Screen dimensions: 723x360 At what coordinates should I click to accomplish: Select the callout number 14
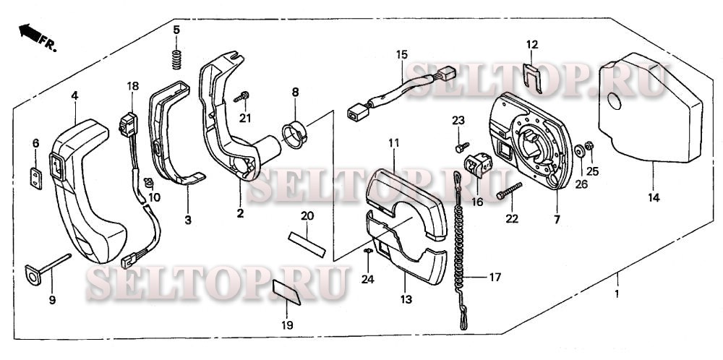pos(653,198)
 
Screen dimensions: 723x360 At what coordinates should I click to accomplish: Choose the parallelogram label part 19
pos(288,294)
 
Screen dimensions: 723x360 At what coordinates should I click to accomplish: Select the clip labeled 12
pos(532,74)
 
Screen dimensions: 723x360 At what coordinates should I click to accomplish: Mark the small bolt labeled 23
pos(460,147)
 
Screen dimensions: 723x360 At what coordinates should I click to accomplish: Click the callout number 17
pos(494,276)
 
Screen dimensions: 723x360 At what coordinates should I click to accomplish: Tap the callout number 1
pos(617,296)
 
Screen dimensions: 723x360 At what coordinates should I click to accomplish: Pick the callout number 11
pos(393,144)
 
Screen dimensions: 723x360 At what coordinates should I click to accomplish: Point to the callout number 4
pos(74,95)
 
